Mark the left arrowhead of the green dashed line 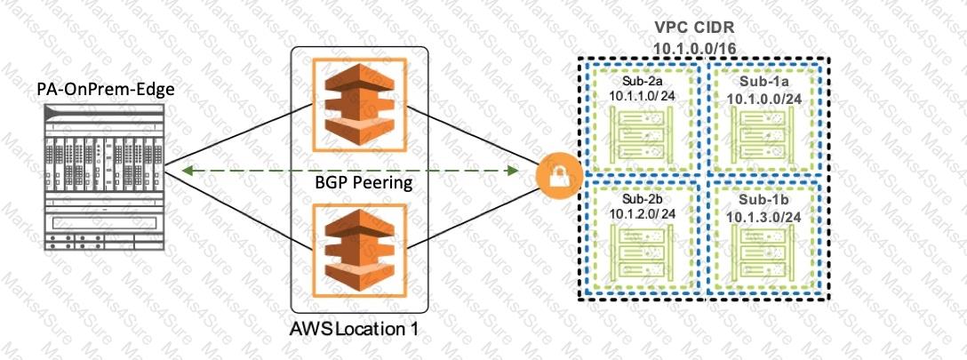[184, 168]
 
